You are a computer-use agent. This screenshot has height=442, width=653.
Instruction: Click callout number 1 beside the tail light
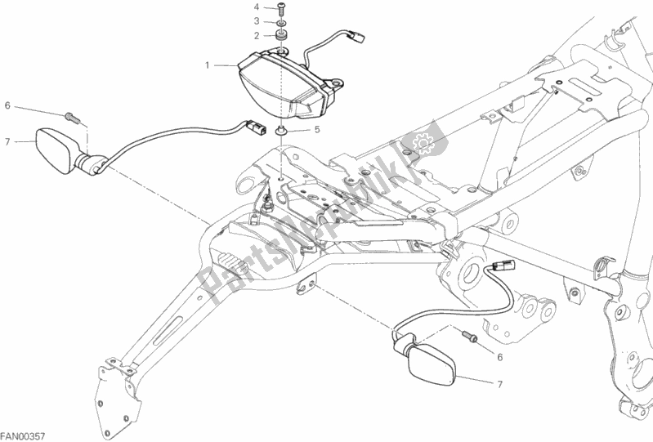[208, 64]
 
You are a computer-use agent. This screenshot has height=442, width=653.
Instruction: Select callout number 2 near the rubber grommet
[256, 35]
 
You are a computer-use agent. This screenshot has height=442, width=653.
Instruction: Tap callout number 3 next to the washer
[256, 21]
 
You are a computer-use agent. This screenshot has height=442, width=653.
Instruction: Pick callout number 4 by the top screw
[256, 7]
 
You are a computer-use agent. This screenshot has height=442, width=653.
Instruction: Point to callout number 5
[317, 129]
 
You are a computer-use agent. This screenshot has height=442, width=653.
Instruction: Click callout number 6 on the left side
[7, 105]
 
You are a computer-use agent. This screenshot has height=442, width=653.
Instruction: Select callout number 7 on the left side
[7, 141]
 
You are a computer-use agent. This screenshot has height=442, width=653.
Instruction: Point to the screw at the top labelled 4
[282, 9]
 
